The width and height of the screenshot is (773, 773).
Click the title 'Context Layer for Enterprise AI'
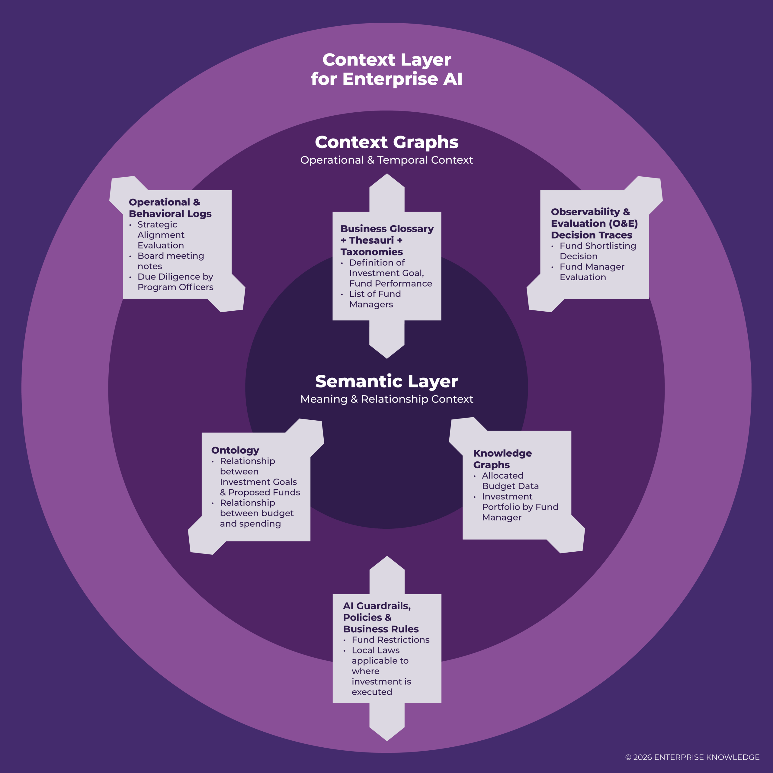[386, 69]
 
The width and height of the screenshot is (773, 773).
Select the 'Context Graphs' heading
[386, 142]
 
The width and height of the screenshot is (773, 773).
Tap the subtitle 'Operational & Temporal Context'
[386, 160]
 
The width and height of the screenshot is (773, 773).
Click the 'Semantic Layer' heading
[386, 381]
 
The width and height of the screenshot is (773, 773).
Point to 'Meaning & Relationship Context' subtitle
[386, 399]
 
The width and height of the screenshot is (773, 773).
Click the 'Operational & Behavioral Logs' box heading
[170, 208]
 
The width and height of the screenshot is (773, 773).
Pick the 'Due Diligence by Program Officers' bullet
[175, 282]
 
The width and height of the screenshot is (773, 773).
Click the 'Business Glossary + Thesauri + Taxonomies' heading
[386, 240]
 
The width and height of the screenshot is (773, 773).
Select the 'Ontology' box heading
[235, 450]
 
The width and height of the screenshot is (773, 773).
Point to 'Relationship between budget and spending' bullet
[256, 513]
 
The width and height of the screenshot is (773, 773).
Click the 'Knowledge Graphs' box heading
[502, 459]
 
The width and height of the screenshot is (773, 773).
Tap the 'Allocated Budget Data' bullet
[510, 480]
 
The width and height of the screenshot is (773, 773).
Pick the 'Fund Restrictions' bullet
[390, 640]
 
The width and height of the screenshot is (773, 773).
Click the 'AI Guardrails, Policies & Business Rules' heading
[380, 617]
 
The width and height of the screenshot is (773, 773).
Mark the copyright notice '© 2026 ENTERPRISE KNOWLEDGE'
[692, 757]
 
